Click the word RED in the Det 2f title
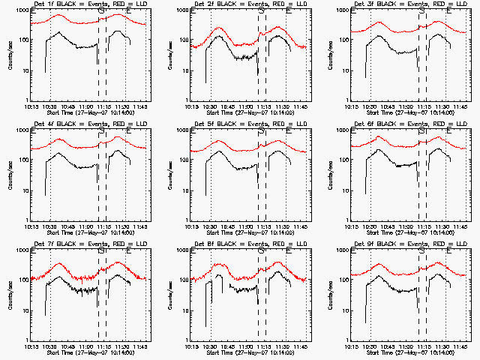click(x=282, y=5)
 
